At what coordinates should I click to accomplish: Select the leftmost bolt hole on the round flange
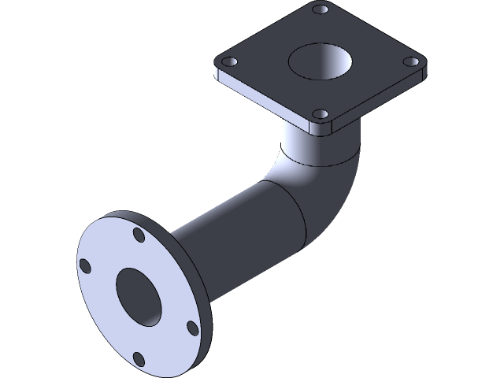(x=83, y=265)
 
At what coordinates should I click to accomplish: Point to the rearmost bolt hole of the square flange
(x=319, y=9)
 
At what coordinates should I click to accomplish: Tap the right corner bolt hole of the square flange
(x=410, y=61)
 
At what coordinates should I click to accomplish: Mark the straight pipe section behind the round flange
(x=228, y=228)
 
